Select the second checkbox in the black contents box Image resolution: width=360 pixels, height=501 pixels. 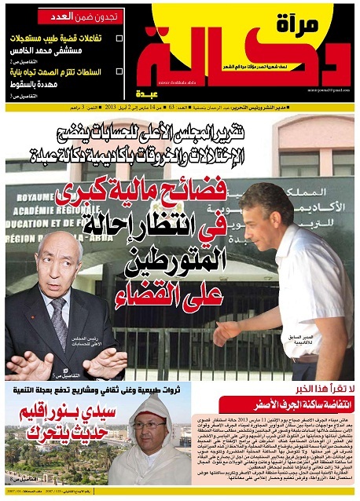coord(119,73)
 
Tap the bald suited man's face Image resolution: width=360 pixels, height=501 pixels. coord(57,267)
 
